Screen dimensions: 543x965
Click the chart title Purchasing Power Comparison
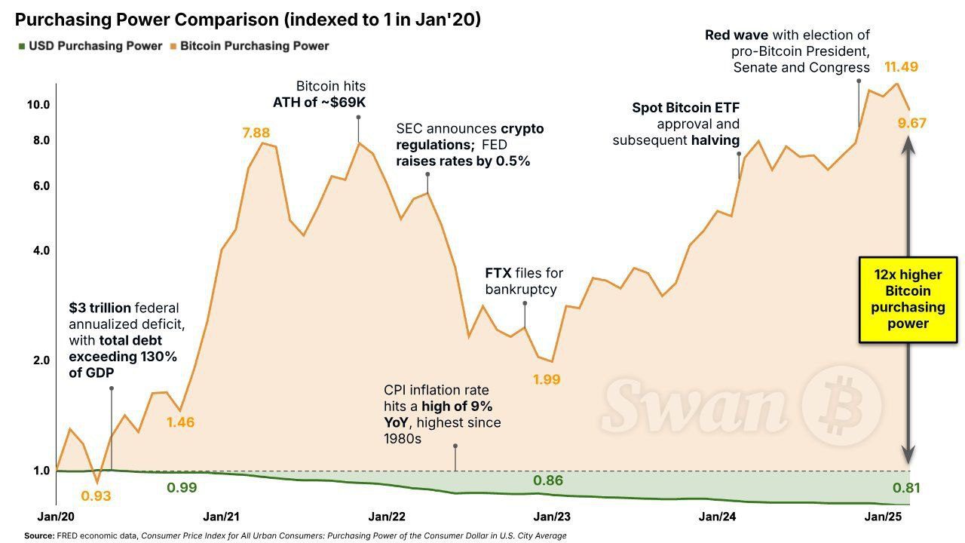coord(248,20)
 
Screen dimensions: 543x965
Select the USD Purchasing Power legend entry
coord(95,46)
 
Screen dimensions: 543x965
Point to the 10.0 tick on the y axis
coord(38,105)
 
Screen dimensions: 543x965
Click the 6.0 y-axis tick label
coord(39,186)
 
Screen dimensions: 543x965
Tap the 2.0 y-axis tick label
coord(39,360)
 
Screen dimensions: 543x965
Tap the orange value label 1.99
coord(547,379)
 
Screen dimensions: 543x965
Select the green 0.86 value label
coord(548,480)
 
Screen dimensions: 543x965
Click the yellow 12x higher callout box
coord(908,299)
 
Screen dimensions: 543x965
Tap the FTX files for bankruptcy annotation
coord(524,281)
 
